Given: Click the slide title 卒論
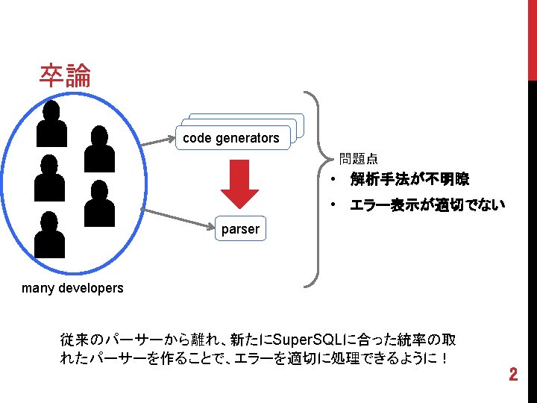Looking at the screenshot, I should tap(66, 76).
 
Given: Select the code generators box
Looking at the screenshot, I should tap(231, 137).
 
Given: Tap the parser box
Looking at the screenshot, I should tap(240, 229).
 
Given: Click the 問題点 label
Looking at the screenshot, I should tap(358, 158).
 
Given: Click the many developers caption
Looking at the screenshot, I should tap(73, 287).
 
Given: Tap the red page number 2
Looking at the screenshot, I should tap(512, 375).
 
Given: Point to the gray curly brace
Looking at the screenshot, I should tap(317, 190).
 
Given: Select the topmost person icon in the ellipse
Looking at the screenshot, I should tap(51, 122).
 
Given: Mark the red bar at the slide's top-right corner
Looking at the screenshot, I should tap(532, 37).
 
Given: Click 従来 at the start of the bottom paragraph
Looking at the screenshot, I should tap(72, 340).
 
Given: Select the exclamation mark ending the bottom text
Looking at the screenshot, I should tap(444, 358).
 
